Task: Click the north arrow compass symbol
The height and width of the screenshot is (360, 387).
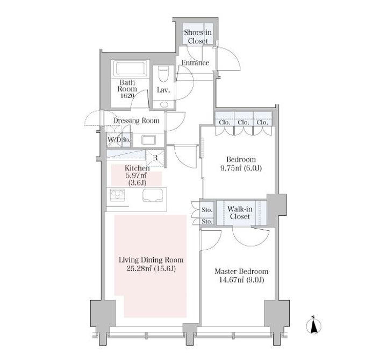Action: click(x=313, y=325)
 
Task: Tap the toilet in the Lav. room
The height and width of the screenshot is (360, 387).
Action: click(x=163, y=74)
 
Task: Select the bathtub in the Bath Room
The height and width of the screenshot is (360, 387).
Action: click(x=130, y=68)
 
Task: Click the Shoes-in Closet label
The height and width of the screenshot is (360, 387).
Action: click(x=198, y=37)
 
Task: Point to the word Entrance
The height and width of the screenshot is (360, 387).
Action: click(x=196, y=63)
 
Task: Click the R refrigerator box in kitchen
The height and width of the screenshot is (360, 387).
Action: click(x=155, y=158)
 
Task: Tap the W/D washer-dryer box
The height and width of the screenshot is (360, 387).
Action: click(x=114, y=140)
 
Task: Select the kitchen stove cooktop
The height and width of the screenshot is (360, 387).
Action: click(x=118, y=195)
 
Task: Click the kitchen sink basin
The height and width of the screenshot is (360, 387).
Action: click(x=153, y=195)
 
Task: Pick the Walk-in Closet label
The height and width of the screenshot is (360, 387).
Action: click(x=240, y=213)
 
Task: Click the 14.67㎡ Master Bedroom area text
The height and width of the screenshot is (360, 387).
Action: click(x=242, y=280)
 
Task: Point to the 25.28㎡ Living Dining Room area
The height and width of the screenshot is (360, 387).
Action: click(x=151, y=269)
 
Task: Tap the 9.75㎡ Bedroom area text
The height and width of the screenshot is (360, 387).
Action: click(x=241, y=168)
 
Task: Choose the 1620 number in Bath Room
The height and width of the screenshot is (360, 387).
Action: click(x=127, y=96)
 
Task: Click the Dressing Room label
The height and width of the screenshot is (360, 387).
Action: click(x=136, y=121)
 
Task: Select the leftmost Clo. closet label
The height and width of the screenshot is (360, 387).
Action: click(x=225, y=122)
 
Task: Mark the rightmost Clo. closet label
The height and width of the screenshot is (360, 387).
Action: click(x=262, y=122)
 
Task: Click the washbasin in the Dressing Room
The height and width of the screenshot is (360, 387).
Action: click(x=148, y=140)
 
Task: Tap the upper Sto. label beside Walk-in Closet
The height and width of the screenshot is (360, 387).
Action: click(x=207, y=210)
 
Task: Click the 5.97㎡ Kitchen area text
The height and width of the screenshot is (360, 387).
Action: click(x=136, y=175)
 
